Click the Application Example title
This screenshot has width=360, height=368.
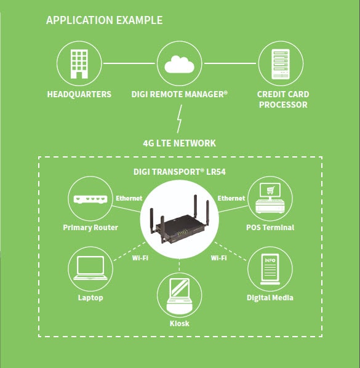[105, 20]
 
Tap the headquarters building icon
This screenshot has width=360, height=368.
[79, 63]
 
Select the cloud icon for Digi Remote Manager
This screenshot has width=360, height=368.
[180, 63]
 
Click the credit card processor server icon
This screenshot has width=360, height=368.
[280, 63]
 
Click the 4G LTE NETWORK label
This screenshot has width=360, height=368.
[180, 143]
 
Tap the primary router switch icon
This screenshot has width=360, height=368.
[90, 199]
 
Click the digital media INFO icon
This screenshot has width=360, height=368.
[270, 269]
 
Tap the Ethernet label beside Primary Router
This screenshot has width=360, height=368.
[129, 198]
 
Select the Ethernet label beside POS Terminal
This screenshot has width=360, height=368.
[231, 198]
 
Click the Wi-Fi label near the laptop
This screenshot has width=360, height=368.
[140, 257]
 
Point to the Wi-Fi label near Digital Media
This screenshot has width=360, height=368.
[219, 257]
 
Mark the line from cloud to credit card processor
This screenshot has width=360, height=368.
[230, 63]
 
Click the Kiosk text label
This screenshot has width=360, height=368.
[180, 323]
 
